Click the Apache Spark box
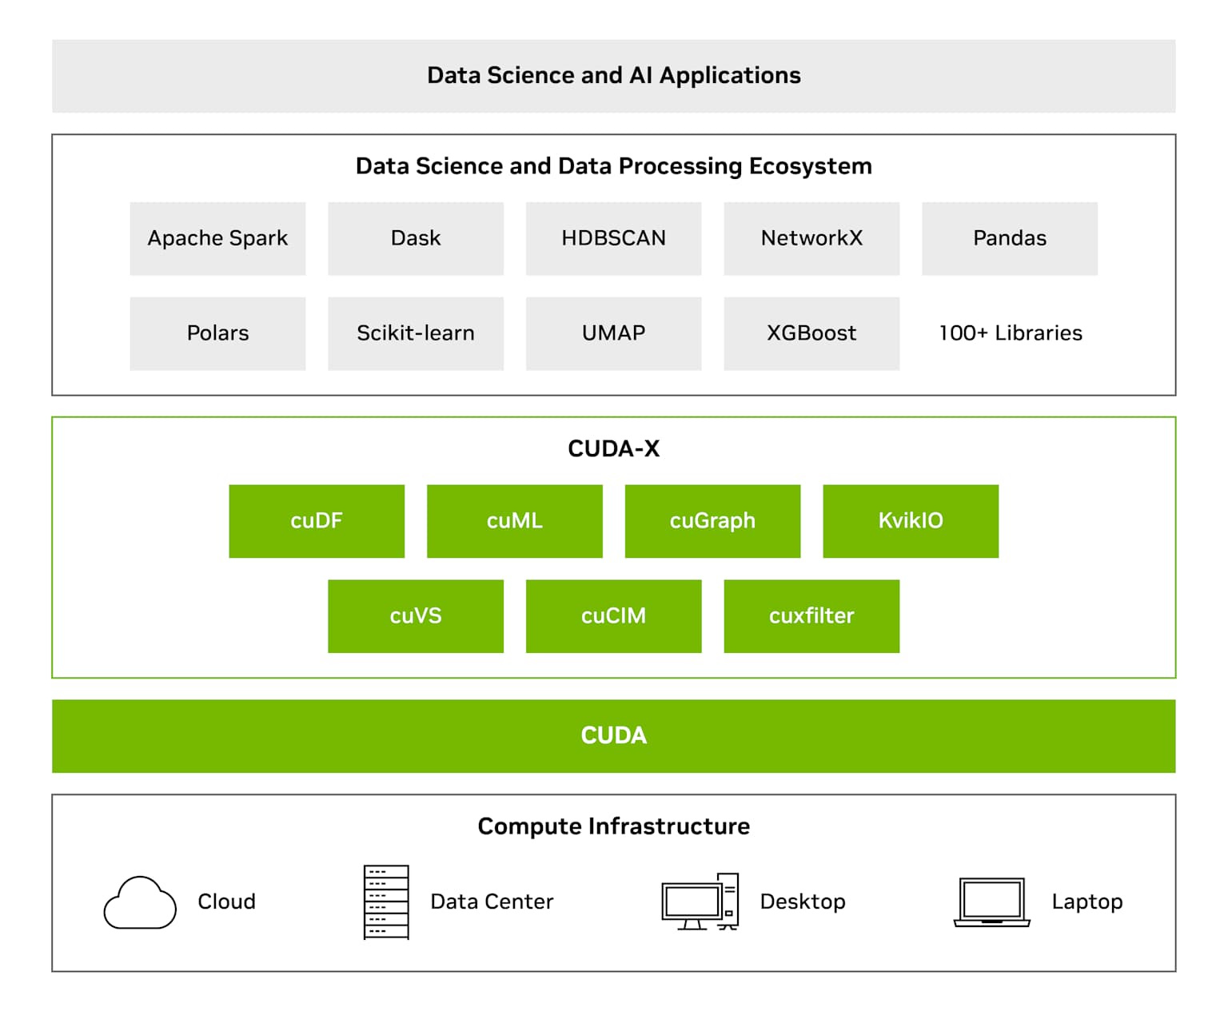tap(217, 238)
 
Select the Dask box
tap(416, 238)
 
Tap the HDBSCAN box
tap(613, 238)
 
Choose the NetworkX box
tap(811, 238)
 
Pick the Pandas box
tap(1010, 238)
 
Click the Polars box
tap(217, 333)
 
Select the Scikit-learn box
tap(416, 333)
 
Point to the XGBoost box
tap(811, 333)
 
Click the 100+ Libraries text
tap(1011, 333)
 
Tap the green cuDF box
tap(317, 521)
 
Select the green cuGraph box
tap(713, 521)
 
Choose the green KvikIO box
tap(911, 521)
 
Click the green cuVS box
tap(416, 616)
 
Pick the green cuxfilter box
tap(811, 616)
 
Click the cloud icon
tap(140, 902)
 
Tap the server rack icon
tap(386, 902)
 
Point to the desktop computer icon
tap(700, 902)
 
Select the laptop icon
tap(992, 902)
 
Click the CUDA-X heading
tap(613, 448)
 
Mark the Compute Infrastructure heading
tap(613, 826)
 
